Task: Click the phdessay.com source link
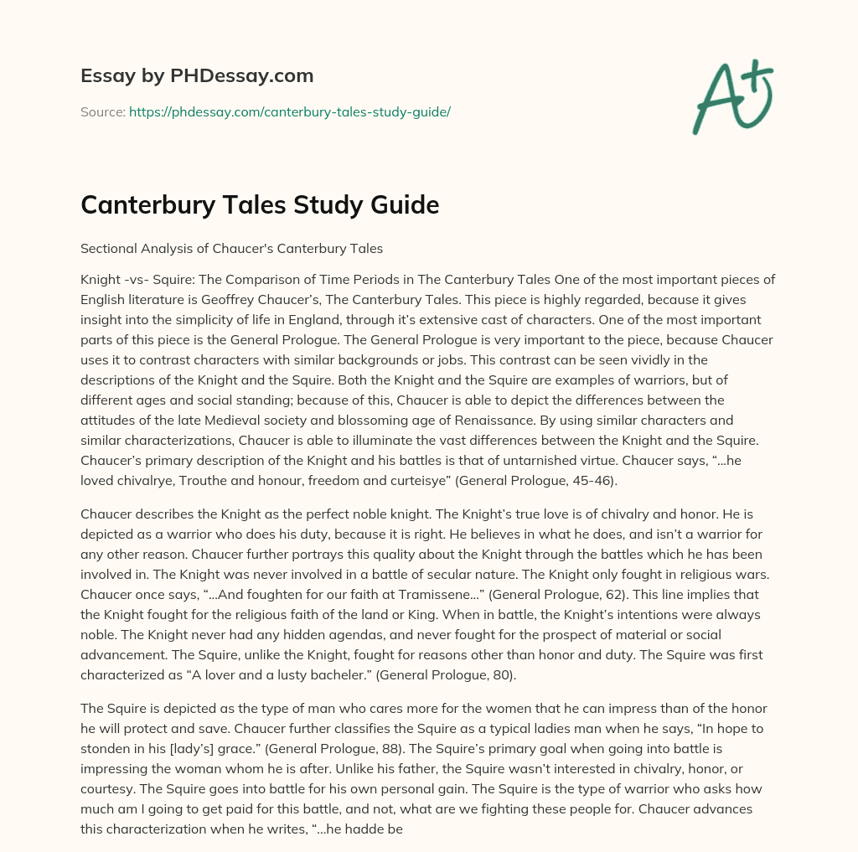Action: pos(289,111)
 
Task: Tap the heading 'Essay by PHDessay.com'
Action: pos(197,76)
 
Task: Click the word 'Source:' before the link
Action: pos(103,111)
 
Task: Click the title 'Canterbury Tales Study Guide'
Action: pos(260,204)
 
